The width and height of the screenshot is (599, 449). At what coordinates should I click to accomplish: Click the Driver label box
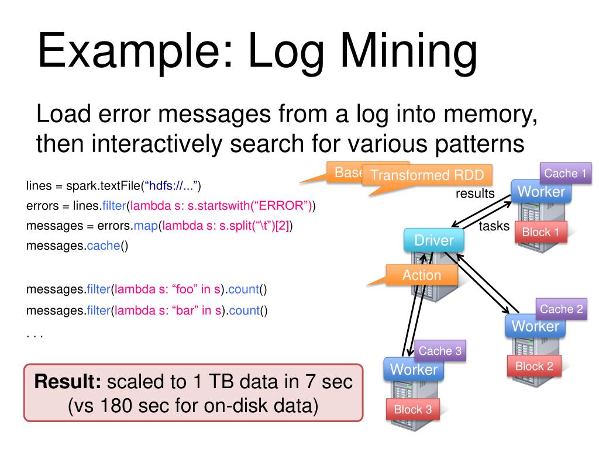433,240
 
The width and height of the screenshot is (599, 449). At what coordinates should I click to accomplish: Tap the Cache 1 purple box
564,173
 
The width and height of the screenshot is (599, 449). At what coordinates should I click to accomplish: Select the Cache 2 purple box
561,309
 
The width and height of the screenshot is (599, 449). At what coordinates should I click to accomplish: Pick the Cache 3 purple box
440,351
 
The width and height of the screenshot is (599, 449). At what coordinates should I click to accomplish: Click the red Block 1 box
541,232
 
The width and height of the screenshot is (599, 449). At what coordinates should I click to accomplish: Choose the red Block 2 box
533,367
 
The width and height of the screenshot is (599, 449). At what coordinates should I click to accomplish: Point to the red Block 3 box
413,409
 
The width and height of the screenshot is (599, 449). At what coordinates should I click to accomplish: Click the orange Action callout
421,275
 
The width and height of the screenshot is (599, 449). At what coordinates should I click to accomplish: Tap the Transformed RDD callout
427,175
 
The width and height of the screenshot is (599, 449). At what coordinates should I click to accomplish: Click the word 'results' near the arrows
475,194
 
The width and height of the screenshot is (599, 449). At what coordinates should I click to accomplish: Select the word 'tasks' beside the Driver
494,226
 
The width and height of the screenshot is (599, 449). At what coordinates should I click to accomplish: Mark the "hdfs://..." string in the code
173,186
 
